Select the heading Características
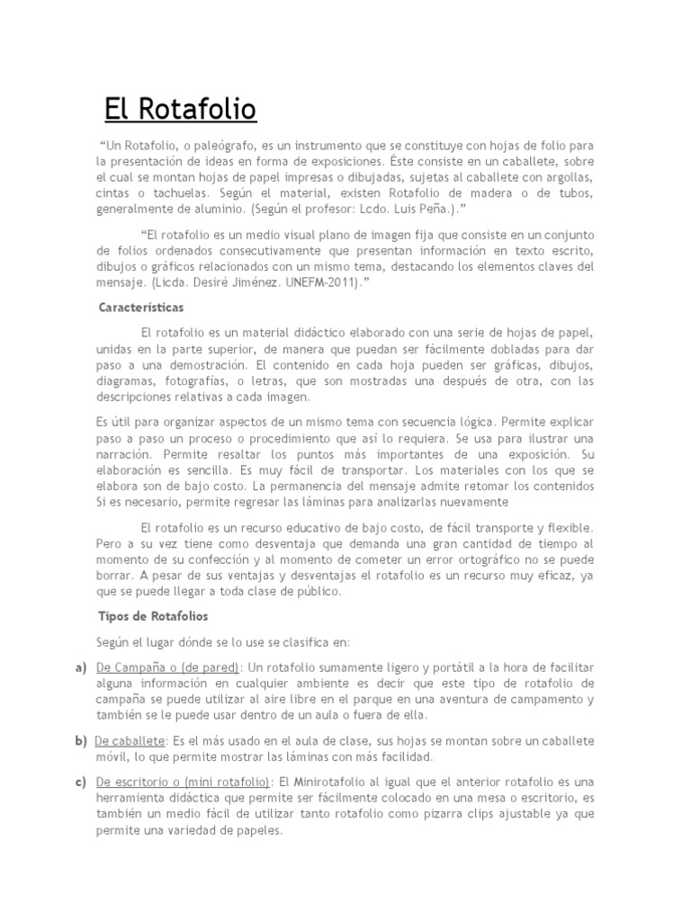(140, 308)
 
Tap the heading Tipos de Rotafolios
(153, 616)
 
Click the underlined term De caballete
(130, 740)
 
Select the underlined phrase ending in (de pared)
(167, 666)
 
